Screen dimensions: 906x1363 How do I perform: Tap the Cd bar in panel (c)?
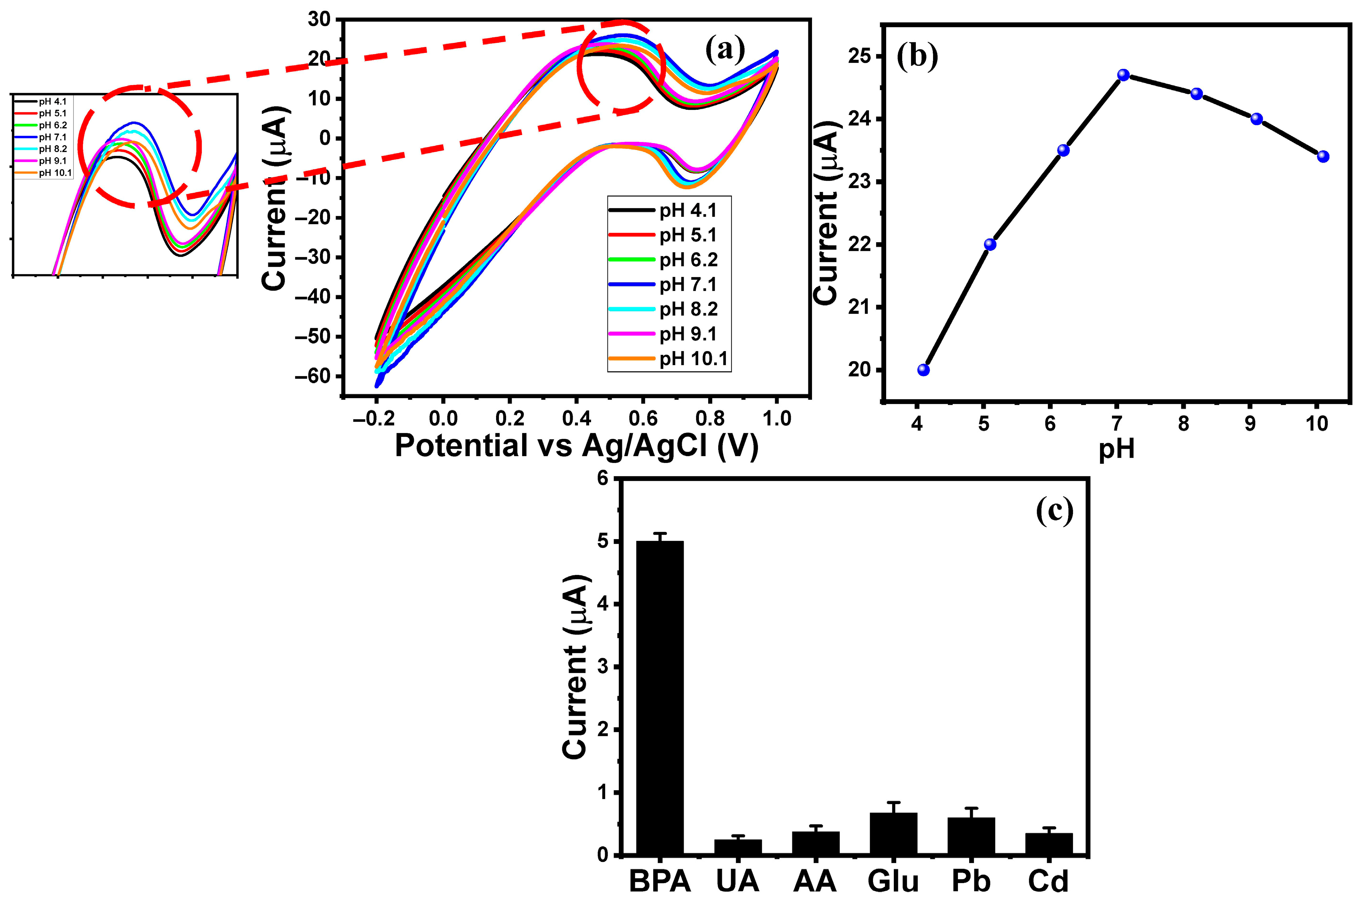coord(1049,843)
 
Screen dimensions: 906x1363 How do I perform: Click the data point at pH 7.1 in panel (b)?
coord(1123,75)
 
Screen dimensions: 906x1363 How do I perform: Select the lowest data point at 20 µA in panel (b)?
coord(923,370)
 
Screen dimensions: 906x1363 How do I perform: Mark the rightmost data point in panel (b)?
coord(1323,157)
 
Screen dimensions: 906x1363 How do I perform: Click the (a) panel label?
coord(725,50)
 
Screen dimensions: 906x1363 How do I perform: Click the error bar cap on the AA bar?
coord(816,826)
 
